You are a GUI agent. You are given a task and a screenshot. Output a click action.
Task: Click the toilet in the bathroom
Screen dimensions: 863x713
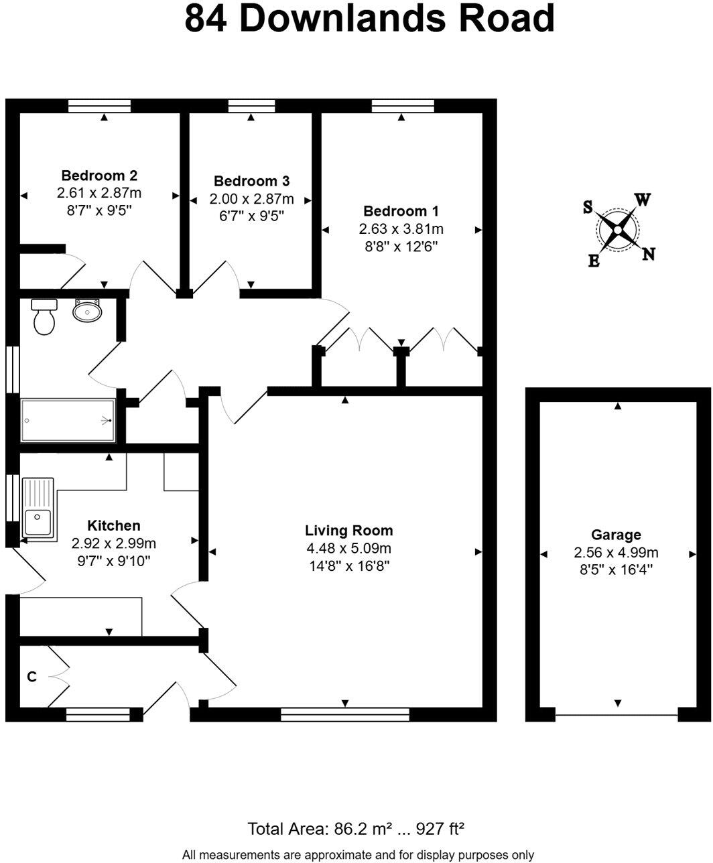[44, 317]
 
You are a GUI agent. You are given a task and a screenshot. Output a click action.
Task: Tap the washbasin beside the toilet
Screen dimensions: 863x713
[87, 310]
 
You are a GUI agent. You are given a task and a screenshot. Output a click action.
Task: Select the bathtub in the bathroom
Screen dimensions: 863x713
[68, 421]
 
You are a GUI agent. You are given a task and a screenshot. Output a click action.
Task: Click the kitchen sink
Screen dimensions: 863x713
[38, 508]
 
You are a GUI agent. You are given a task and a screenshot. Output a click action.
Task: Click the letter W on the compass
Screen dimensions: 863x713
[642, 200]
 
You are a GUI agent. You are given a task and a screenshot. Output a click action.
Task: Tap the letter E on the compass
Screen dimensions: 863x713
[594, 261]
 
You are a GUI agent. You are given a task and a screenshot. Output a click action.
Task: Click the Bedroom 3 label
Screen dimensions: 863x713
[251, 181]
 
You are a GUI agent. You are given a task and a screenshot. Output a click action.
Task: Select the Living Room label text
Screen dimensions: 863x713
[348, 531]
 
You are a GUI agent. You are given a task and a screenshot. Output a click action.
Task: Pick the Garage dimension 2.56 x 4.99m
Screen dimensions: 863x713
[616, 553]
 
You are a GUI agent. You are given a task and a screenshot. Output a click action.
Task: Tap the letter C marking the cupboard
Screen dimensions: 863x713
[31, 677]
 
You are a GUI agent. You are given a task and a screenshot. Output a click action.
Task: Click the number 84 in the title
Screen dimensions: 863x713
[206, 19]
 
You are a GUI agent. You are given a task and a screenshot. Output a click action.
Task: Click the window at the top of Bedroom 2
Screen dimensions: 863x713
[99, 106]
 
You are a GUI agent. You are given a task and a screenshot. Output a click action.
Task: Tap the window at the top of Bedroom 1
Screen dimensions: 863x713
[402, 106]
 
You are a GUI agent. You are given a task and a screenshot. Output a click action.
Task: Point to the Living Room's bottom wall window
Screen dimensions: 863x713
[344, 714]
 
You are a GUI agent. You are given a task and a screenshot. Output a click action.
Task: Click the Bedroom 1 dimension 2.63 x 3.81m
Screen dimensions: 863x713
[401, 228]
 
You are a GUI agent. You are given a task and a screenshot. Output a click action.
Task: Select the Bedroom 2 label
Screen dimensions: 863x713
[99, 176]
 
